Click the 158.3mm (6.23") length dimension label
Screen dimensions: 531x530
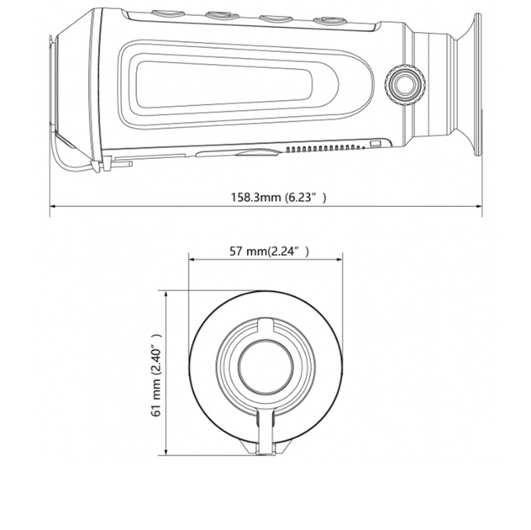tap(278, 197)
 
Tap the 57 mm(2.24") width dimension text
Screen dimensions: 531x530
tap(269, 252)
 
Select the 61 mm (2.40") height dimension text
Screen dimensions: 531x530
tap(156, 375)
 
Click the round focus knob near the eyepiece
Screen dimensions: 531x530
tap(405, 85)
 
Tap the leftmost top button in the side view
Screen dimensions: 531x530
tap(168, 13)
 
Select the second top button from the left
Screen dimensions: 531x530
tap(223, 16)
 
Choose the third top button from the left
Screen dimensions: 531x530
tap(276, 19)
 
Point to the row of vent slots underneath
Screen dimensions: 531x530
tap(325, 148)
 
